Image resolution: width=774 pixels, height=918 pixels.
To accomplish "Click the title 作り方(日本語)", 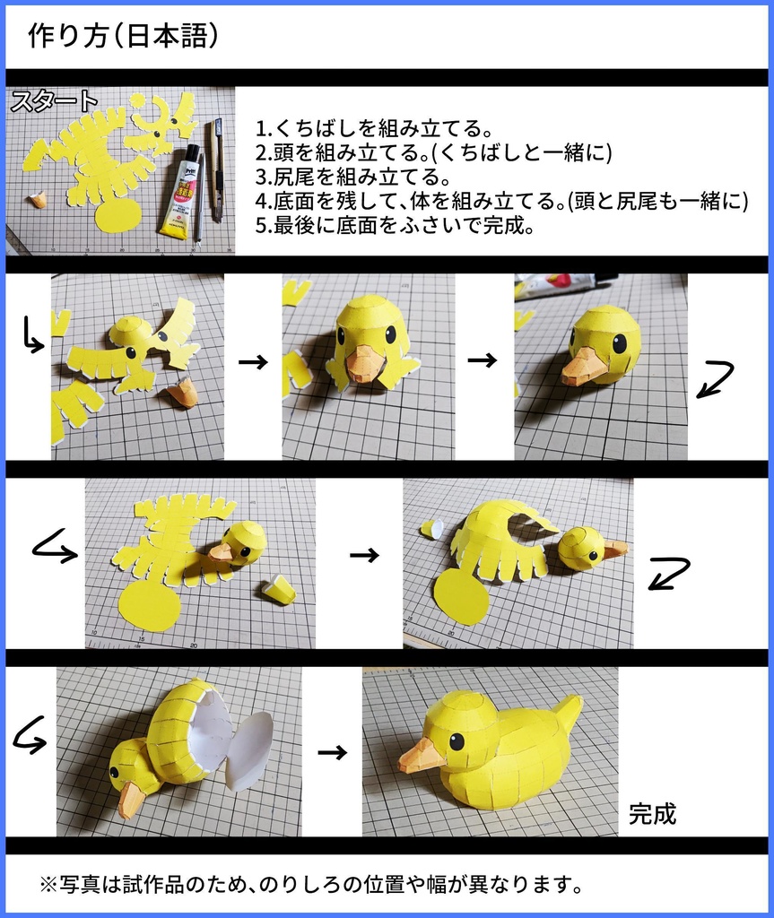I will pyautogui.click(x=123, y=37).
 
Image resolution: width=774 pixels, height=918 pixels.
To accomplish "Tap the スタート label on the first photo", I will pyautogui.click(x=53, y=100).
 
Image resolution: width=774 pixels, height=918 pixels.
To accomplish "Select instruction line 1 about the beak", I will pyautogui.click(x=374, y=127).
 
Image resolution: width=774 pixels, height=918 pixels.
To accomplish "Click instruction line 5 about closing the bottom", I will pyautogui.click(x=395, y=225).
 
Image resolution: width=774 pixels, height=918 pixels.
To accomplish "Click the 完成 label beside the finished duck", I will pyautogui.click(x=652, y=813).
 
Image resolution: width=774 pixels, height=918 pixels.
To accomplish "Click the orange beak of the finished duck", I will pyautogui.click(x=421, y=758).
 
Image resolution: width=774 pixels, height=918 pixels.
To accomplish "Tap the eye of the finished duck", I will pyautogui.click(x=457, y=741).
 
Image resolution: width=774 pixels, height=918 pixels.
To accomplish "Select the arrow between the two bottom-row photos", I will pyautogui.click(x=332, y=752).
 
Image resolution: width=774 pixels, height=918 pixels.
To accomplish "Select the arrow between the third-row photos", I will pyautogui.click(x=363, y=555).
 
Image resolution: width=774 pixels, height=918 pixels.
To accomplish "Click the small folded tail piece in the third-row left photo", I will pyautogui.click(x=279, y=590).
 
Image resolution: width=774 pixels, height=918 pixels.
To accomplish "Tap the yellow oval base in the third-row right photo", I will pyautogui.click(x=460, y=595).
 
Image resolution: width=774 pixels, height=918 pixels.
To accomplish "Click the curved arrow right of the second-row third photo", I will pyautogui.click(x=716, y=378).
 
